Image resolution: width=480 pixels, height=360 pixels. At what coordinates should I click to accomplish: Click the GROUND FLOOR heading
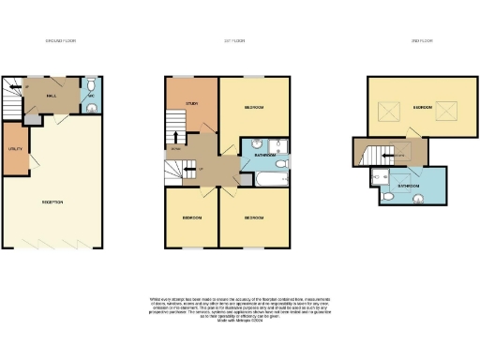click(61, 41)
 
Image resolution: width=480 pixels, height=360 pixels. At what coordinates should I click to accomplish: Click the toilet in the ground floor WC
click(91, 108)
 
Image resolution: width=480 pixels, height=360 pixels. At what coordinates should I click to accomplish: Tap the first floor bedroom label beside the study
click(253, 108)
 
